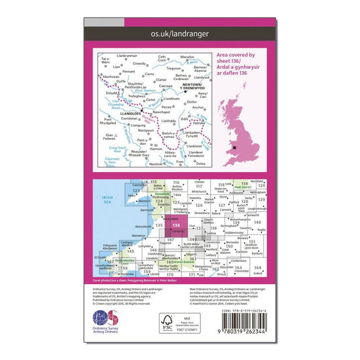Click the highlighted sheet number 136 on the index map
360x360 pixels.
(x=175, y=225)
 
